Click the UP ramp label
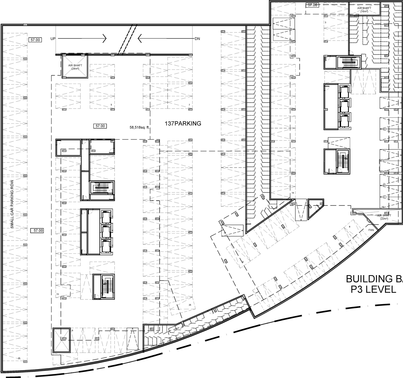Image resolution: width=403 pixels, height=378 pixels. (x=53, y=38)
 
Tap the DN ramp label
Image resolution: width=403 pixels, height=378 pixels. (x=197, y=39)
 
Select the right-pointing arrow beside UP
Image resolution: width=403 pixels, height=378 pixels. (x=82, y=38)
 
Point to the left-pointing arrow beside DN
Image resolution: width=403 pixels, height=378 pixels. (x=165, y=39)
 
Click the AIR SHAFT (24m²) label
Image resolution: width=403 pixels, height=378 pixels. (x=75, y=67)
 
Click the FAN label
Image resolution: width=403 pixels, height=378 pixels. (x=371, y=230)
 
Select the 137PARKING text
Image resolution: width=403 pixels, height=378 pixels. (x=183, y=124)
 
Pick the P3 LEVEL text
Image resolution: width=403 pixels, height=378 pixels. (x=373, y=289)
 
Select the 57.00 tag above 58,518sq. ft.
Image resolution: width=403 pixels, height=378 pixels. (x=100, y=126)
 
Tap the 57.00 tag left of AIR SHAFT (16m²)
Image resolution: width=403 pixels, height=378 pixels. (x=313, y=5)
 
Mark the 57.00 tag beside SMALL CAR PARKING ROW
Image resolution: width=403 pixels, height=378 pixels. (x=37, y=231)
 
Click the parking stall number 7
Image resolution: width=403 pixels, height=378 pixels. (x=189, y=105)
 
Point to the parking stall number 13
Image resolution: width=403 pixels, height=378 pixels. (x=57, y=294)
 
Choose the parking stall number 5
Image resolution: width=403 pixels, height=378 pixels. (x=111, y=105)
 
